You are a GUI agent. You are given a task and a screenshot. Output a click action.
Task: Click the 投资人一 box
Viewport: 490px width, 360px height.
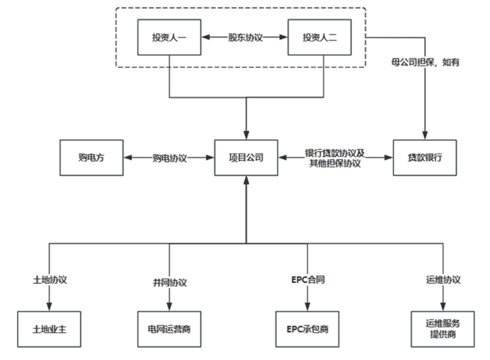coord(168,37)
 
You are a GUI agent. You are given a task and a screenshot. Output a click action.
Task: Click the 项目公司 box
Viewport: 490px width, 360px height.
coord(246,157)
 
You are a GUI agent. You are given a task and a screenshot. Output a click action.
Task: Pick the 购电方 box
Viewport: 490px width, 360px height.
coord(91,157)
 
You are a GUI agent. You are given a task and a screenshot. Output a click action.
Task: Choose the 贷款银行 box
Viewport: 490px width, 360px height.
coord(425,157)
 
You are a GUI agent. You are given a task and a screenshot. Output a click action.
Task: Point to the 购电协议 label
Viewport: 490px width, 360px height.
coord(169,157)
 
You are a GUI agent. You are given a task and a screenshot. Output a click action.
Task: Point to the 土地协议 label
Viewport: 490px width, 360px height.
coord(50,280)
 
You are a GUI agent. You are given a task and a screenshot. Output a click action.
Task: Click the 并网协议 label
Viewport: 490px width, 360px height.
coord(170,282)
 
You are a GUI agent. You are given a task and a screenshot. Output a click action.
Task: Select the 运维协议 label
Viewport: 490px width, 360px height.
coord(441,280)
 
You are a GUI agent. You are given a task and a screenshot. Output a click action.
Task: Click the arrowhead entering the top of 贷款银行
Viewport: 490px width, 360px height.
coord(425,137)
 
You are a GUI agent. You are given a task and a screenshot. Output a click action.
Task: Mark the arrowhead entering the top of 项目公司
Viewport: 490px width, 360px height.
coord(246,137)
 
